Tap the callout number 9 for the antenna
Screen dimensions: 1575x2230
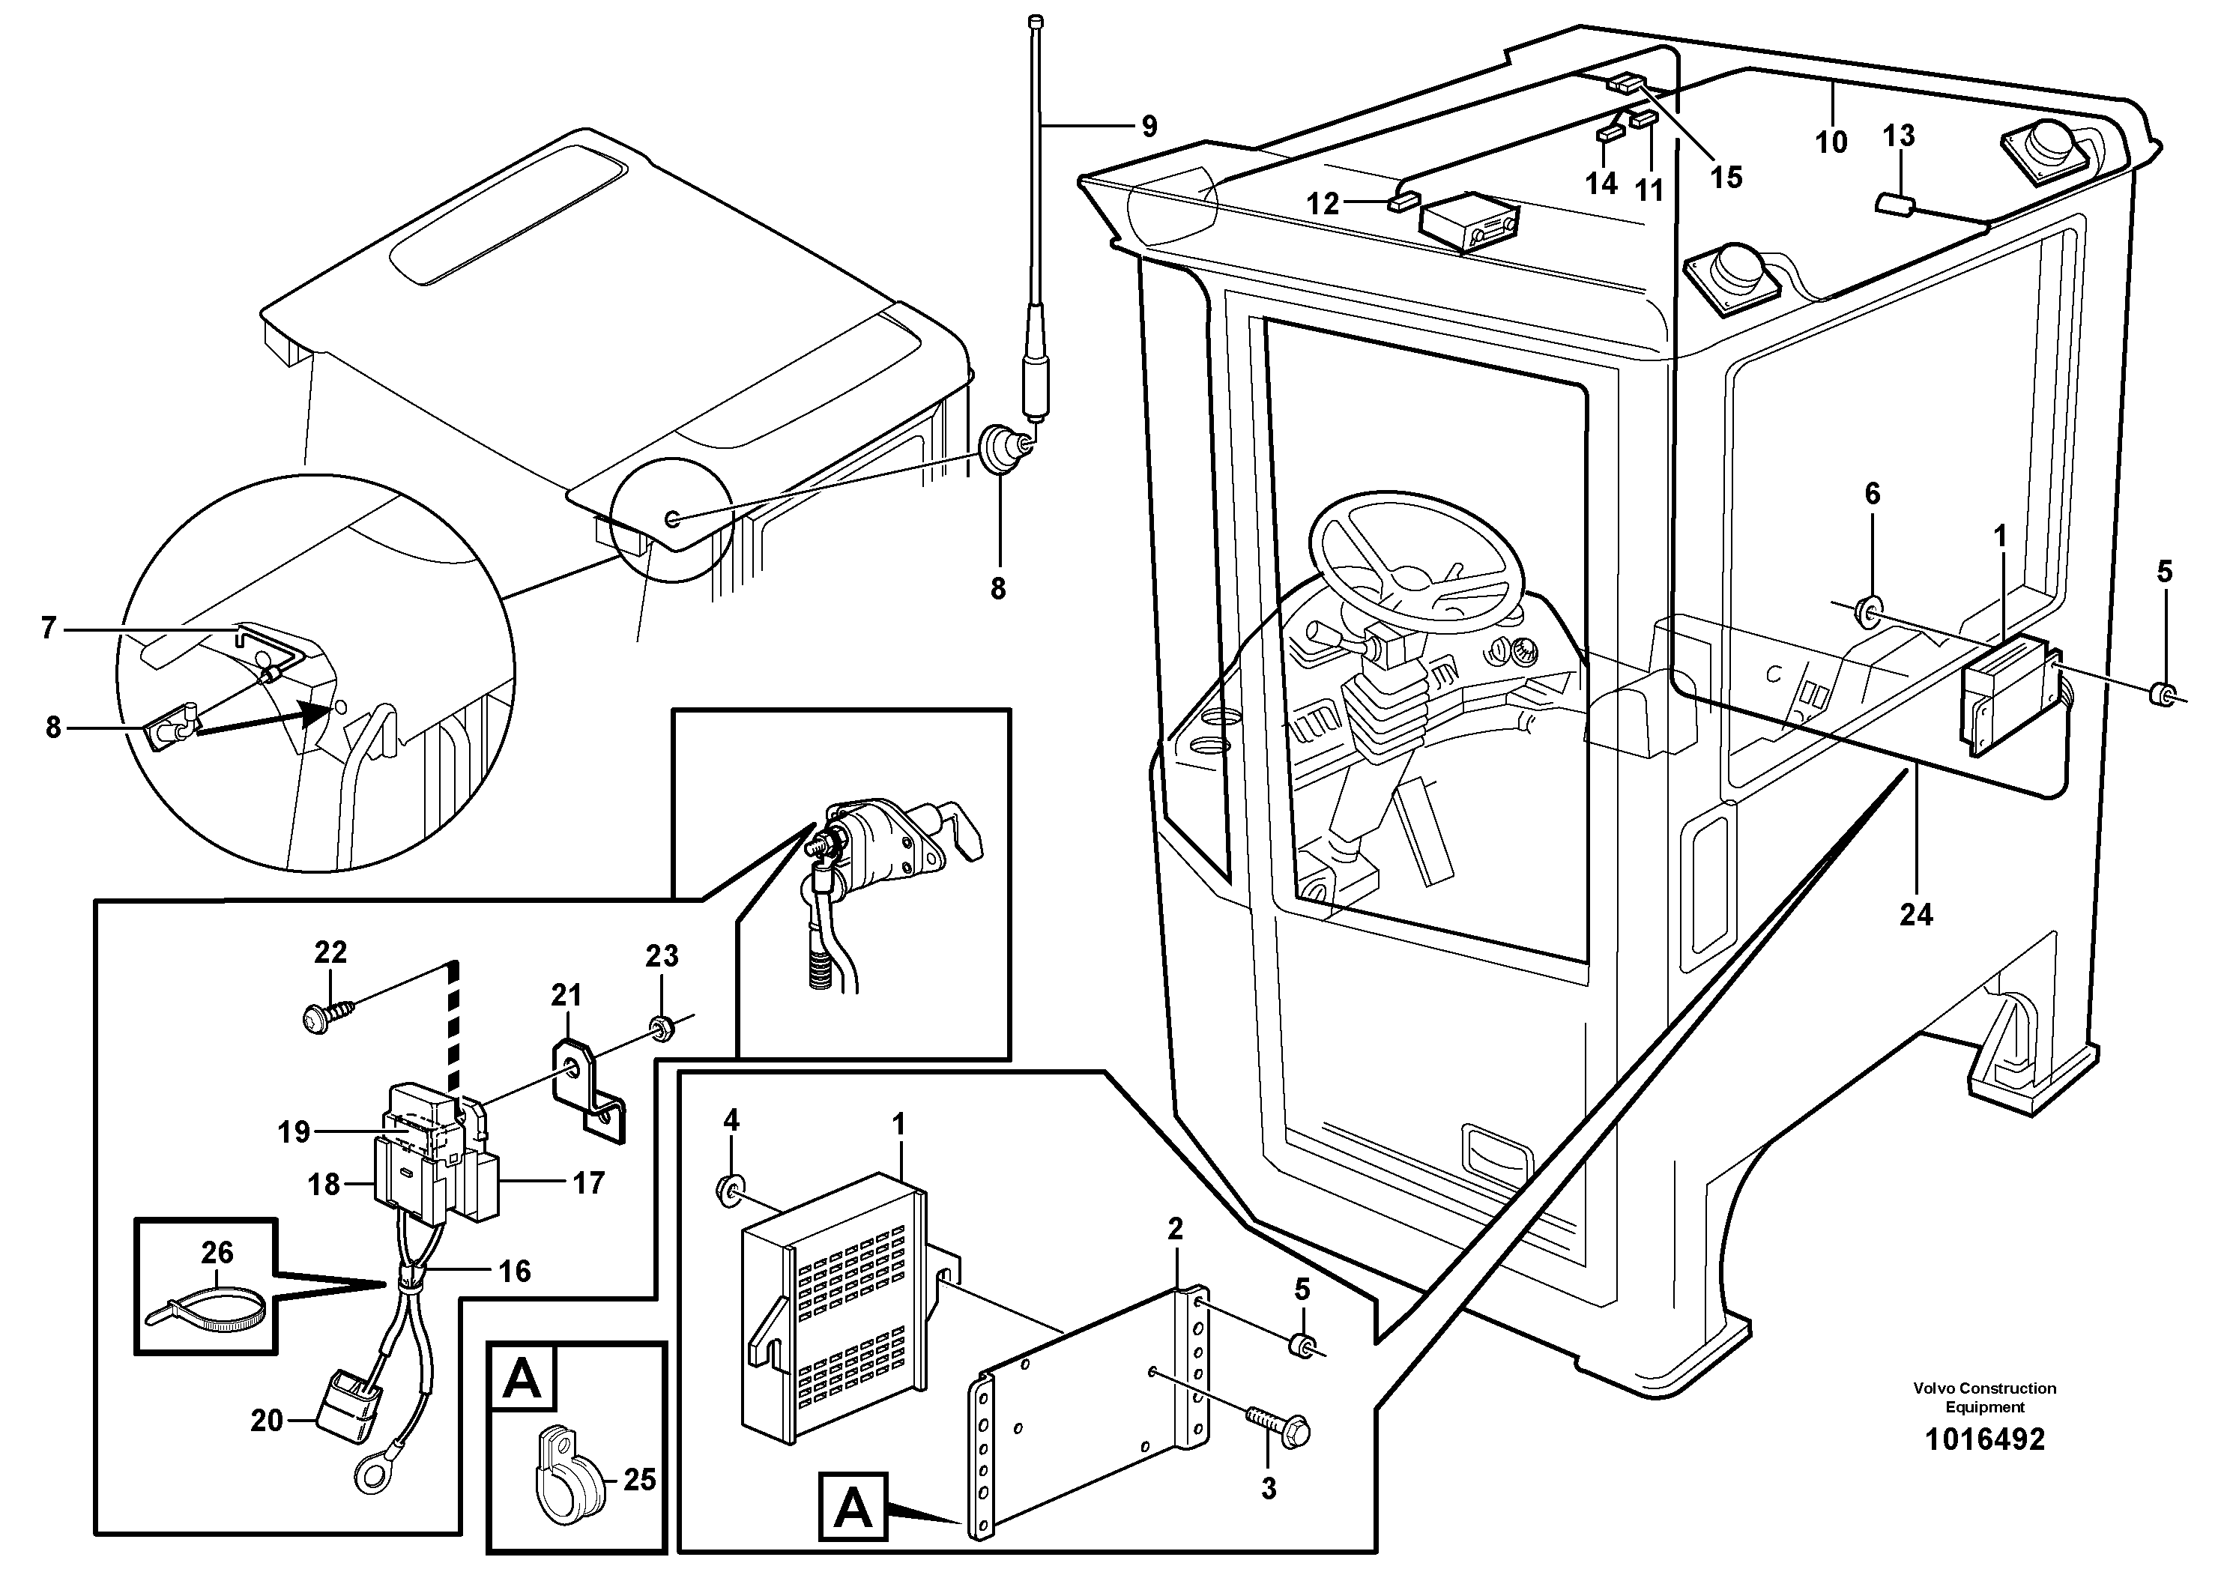tap(1149, 126)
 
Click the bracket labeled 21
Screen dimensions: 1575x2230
tap(590, 1089)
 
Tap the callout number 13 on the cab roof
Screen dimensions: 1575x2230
tap(1899, 135)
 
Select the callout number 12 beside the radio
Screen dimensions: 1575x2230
tap(1323, 203)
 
